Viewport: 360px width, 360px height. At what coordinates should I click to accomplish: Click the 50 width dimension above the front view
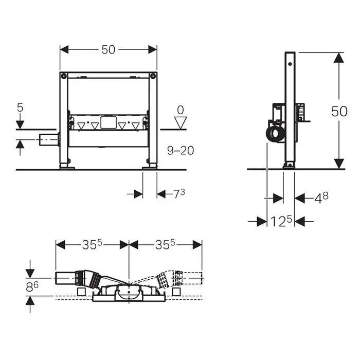click(109, 49)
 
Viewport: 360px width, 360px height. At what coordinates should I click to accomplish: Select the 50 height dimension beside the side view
click(339, 112)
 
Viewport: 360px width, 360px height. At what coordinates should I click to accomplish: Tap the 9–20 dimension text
click(181, 151)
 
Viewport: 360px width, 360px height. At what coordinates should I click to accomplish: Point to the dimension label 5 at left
click(20, 107)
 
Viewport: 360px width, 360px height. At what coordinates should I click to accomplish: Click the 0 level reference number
click(181, 110)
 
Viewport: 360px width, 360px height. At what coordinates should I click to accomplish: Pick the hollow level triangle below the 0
click(181, 123)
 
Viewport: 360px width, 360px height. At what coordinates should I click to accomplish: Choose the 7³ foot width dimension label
click(179, 194)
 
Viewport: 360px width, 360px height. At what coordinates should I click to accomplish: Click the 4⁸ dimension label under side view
click(321, 198)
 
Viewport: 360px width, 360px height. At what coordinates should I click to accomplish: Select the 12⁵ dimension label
click(281, 221)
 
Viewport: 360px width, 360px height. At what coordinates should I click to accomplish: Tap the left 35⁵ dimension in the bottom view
click(92, 244)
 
